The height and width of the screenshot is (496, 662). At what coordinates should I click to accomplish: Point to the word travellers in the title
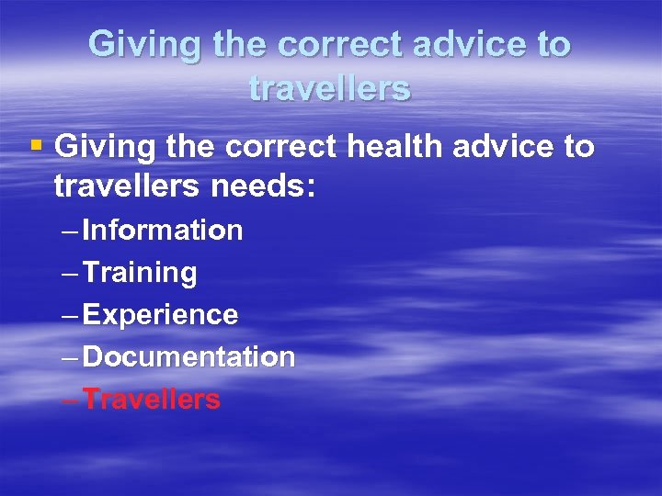pyautogui.click(x=329, y=89)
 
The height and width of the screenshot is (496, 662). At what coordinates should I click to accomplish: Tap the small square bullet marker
pyautogui.click(x=36, y=144)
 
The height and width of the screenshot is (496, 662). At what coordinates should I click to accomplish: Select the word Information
pyautogui.click(x=162, y=231)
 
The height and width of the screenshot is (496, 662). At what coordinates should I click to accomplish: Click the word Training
pyautogui.click(x=139, y=273)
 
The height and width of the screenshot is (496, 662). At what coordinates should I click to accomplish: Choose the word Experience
pyautogui.click(x=160, y=315)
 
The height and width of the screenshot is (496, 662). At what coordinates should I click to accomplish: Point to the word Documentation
pyautogui.click(x=188, y=357)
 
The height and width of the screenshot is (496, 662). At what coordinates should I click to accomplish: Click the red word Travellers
pyautogui.click(x=152, y=400)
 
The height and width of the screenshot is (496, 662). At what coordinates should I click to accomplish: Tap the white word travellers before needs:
pyautogui.click(x=124, y=186)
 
